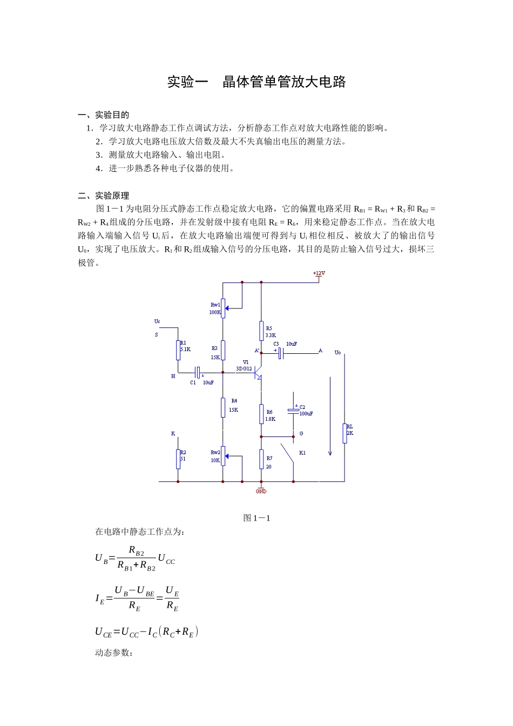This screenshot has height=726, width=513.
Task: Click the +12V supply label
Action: coord(319,273)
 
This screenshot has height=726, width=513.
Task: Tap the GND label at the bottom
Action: coord(261,492)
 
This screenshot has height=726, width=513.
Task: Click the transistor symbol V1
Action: coord(259,372)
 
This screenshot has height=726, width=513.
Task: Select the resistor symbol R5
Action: coord(261,331)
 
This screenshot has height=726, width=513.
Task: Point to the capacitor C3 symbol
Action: coord(281,354)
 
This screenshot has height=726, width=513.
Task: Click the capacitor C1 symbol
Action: coord(198,372)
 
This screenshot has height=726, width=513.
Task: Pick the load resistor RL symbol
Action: coord(345,433)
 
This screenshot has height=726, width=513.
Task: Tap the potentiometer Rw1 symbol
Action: coord(223,308)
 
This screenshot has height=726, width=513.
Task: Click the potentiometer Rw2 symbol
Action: coord(223,456)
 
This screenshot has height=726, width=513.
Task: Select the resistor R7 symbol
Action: coord(261,459)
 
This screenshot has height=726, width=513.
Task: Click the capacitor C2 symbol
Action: coord(293,411)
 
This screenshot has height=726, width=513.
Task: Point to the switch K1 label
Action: coord(302,453)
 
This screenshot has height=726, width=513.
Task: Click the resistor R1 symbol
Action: coord(178,350)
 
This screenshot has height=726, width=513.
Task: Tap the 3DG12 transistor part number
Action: coord(244,369)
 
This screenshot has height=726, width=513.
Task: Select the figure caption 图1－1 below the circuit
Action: coord(256,518)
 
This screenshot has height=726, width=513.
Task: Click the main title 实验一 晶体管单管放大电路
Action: coord(256,82)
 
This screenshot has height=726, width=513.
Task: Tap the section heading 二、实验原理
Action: coord(104,196)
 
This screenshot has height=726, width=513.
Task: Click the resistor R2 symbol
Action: coord(178,459)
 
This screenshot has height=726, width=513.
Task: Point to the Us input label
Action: coord(157,321)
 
